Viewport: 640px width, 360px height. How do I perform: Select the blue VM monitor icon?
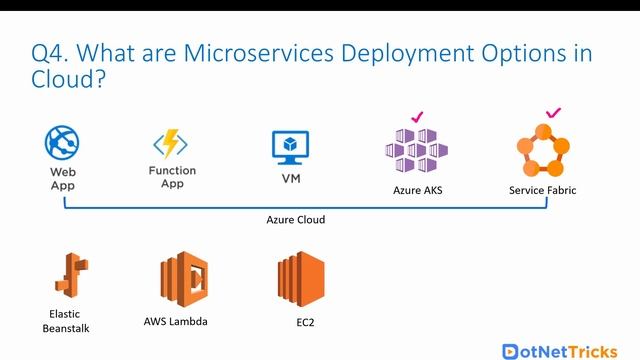pyautogui.click(x=290, y=147)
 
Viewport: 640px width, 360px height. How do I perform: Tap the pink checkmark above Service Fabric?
pyautogui.click(x=553, y=113)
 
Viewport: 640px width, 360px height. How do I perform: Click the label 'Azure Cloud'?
pyautogui.click(x=295, y=219)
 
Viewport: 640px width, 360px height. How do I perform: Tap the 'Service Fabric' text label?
pyautogui.click(x=543, y=190)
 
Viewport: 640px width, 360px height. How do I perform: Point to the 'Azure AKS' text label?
pyautogui.click(x=418, y=190)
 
